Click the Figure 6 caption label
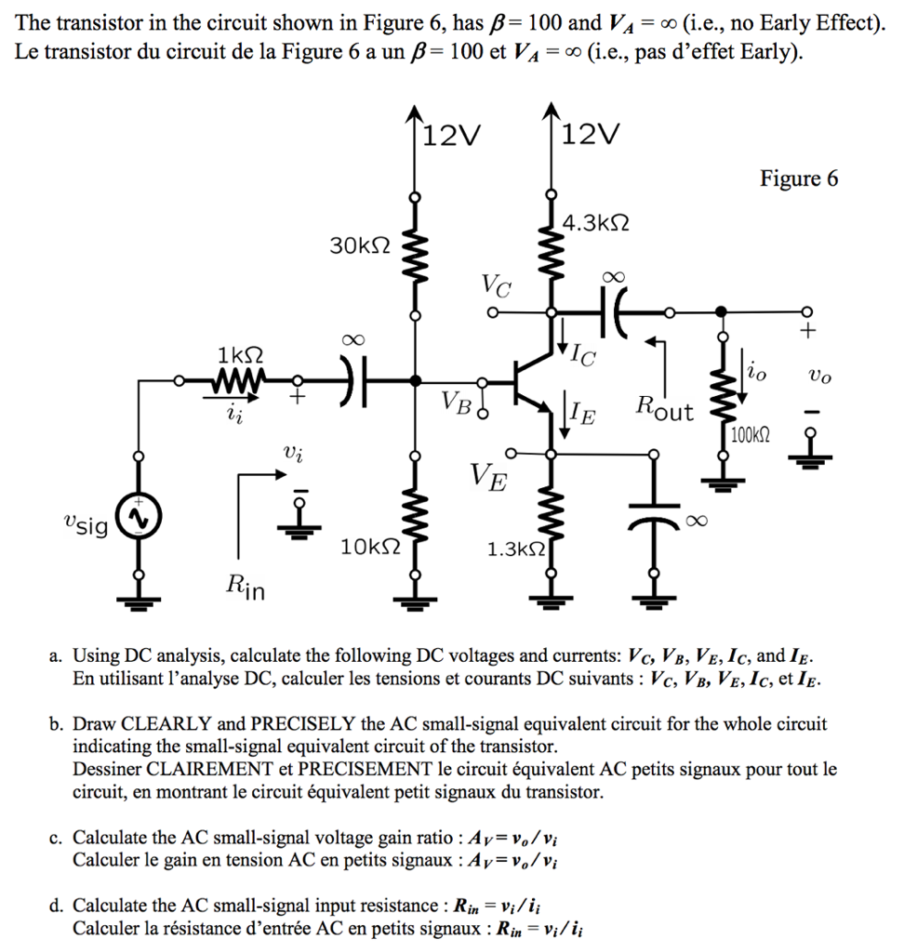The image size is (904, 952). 799,178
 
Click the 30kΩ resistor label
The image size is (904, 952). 360,245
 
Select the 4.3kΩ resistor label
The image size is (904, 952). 596,224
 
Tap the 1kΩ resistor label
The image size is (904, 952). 239,354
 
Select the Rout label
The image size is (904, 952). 664,408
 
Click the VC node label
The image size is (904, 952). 495,285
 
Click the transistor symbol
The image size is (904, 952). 533,381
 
